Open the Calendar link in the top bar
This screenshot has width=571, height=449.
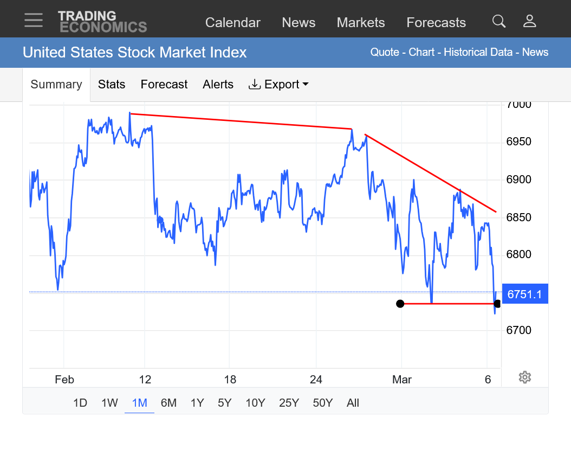[x=232, y=23]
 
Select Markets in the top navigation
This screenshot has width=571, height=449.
[x=360, y=23]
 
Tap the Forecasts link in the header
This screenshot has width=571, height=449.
[x=436, y=23]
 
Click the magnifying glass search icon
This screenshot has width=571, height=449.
[x=498, y=21]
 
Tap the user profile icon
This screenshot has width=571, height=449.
[x=529, y=21]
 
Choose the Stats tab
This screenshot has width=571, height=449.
[x=112, y=85]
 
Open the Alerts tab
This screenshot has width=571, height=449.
[x=218, y=85]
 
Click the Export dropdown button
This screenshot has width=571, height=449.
[x=278, y=85]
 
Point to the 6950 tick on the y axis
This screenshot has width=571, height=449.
[x=518, y=142]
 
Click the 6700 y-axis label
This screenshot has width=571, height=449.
[x=518, y=330]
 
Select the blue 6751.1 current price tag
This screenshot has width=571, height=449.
[x=525, y=294]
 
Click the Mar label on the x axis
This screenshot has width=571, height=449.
[x=402, y=380]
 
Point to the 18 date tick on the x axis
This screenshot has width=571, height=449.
[x=230, y=380]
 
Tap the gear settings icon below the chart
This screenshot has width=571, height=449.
[x=524, y=377]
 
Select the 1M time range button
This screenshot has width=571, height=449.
[x=139, y=403]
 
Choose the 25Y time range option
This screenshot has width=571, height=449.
[x=289, y=403]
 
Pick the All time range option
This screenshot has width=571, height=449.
[x=353, y=403]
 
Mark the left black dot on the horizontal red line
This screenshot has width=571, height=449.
[x=400, y=304]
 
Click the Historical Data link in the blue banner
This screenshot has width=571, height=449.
[x=478, y=53]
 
